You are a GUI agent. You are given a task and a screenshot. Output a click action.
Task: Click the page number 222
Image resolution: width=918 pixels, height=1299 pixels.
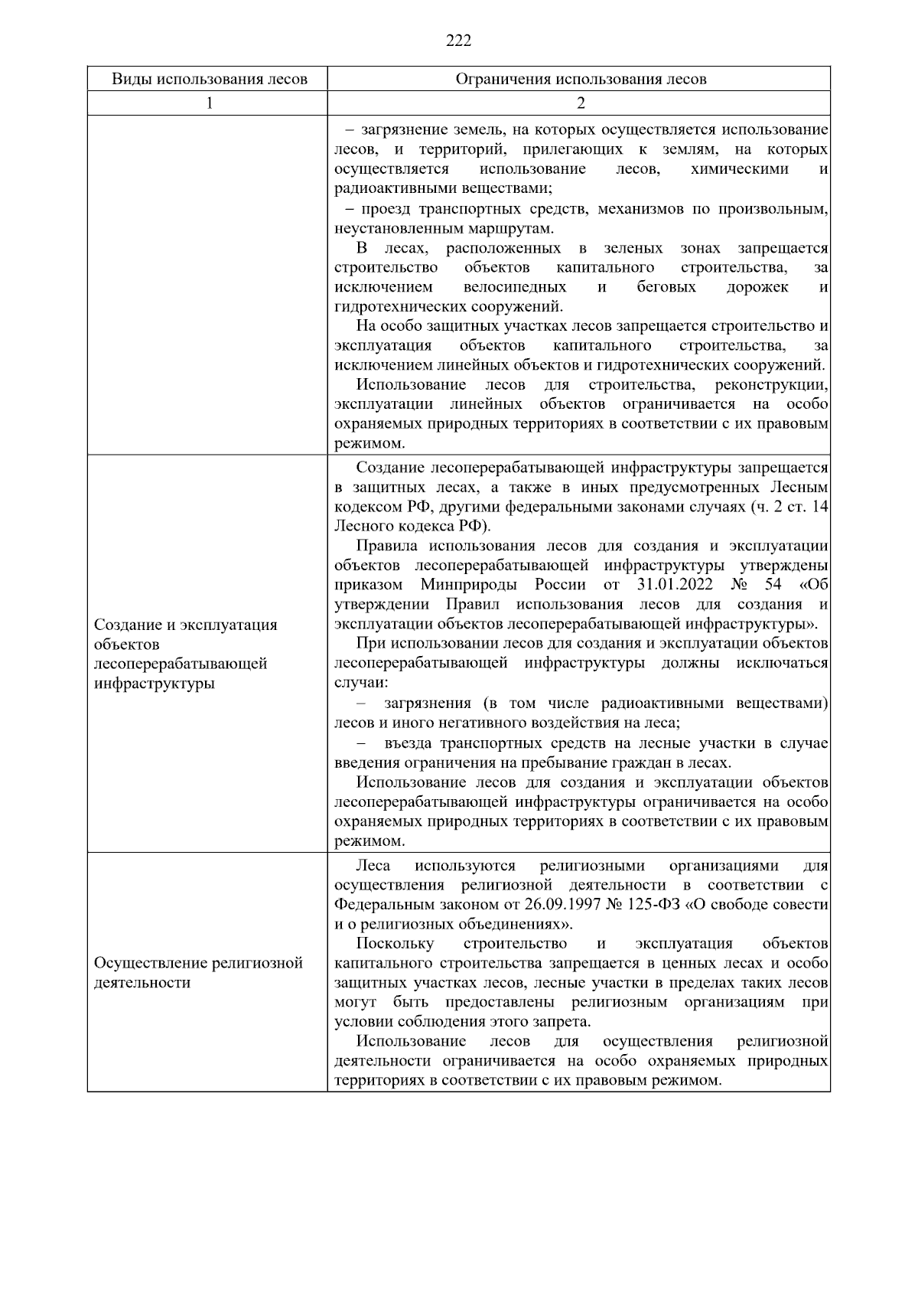point(458,41)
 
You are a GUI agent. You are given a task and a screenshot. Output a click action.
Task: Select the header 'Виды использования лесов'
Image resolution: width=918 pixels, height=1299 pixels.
point(209,79)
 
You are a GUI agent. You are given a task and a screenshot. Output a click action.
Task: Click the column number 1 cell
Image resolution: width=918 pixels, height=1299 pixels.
point(209,103)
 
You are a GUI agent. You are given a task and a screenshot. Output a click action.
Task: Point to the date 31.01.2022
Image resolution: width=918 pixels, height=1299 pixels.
point(674,585)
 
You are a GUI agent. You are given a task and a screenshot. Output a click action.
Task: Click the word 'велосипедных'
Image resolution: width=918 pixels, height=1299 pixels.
point(515,287)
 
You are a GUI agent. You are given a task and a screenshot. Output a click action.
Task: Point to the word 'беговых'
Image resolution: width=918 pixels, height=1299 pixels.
point(666,287)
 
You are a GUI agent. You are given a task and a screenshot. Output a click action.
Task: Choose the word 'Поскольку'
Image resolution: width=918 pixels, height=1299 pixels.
point(396,944)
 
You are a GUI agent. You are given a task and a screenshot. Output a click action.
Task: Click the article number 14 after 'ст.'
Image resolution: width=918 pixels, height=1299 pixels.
point(820,507)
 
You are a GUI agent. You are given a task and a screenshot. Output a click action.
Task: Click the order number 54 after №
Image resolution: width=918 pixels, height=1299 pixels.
point(772,585)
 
